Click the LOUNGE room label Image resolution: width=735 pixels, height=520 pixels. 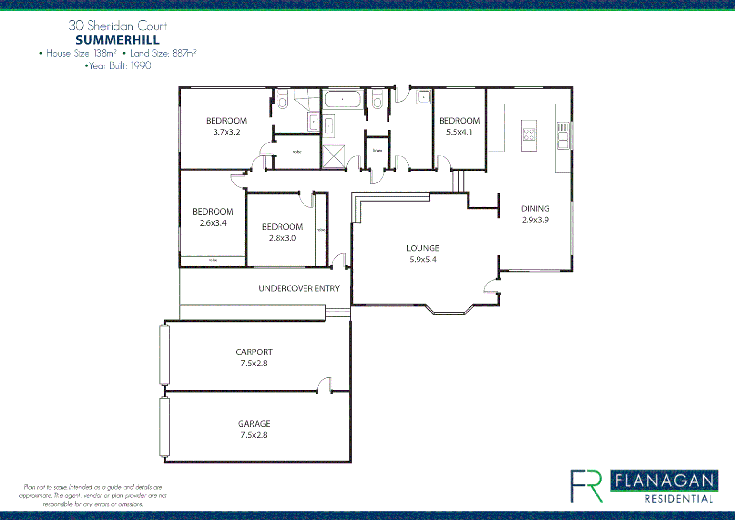coord(423,248)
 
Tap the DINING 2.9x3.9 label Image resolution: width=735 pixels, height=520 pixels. coord(535,214)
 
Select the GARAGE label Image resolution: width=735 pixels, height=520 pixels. coord(254,424)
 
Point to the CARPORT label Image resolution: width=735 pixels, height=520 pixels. coord(254,352)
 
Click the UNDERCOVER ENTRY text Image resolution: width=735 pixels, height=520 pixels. coord(299,288)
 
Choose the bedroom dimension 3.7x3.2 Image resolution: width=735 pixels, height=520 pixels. coord(227,132)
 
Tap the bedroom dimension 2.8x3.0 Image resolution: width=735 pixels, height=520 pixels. coord(282,238)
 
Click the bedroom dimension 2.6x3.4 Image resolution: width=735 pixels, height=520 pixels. coord(213,223)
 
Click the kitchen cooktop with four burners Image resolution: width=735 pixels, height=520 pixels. coord(529,134)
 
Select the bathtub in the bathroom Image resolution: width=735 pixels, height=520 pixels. coord(342,100)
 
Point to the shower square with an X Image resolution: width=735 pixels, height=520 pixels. coord(334,156)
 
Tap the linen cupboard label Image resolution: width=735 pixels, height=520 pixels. coord(378,151)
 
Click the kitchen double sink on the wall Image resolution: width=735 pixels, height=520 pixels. coord(563,136)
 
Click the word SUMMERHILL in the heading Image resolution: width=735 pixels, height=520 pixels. coord(117,40)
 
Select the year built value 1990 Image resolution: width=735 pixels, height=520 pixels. coord(141,65)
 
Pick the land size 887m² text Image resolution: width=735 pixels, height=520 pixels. coord(184,53)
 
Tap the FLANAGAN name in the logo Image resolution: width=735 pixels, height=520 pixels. coord(664,481)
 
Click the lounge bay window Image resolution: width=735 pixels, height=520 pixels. coord(449,311)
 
